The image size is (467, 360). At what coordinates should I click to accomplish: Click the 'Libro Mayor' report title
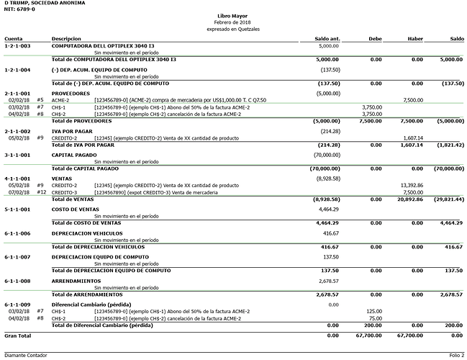(233, 14)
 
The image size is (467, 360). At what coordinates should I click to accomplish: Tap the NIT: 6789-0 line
(19, 9)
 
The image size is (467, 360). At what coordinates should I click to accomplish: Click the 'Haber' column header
(414, 38)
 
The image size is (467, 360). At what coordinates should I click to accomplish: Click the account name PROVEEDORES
(72, 94)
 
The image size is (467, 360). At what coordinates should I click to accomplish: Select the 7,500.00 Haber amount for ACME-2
(413, 100)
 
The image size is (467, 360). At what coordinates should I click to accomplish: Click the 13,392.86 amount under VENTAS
(412, 185)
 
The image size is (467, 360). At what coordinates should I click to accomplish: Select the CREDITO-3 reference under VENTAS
(65, 192)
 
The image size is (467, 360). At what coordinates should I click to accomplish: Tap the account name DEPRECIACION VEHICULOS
(87, 233)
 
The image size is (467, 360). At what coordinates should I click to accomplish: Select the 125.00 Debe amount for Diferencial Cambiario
(373, 311)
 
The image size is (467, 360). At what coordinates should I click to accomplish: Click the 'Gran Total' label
(18, 336)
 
